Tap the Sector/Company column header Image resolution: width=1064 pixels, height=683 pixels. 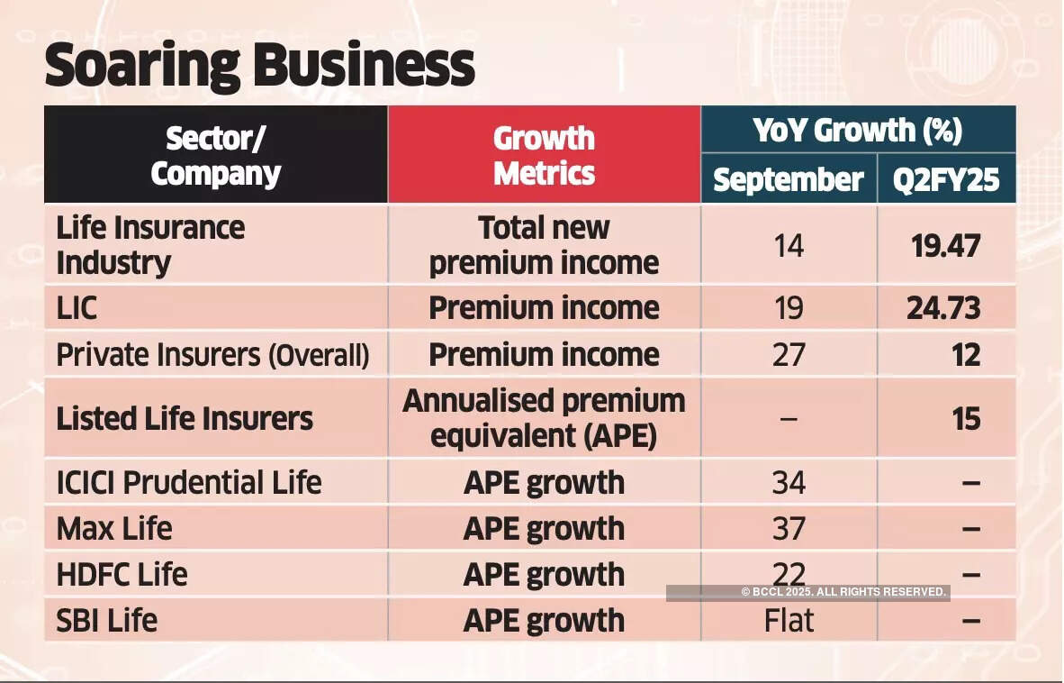tap(216, 155)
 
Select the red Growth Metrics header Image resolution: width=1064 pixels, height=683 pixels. tap(544, 155)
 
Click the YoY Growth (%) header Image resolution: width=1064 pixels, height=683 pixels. tap(857, 131)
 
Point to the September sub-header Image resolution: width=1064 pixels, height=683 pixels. tap(789, 179)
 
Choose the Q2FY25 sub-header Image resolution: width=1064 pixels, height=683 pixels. tap(946, 179)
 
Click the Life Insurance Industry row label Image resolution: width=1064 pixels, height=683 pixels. tap(150, 245)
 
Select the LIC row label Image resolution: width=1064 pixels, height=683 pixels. tap(77, 308)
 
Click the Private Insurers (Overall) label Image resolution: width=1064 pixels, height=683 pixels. tap(212, 355)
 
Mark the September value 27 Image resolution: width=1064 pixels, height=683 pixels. tap(789, 355)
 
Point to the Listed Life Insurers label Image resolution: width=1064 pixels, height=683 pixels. tap(185, 418)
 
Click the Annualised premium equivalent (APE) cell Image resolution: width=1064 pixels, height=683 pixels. tap(544, 418)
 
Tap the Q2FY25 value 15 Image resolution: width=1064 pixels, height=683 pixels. tap(966, 418)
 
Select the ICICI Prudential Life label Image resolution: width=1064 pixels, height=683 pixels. tap(189, 482)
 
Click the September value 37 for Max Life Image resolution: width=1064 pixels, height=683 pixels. tap(789, 528)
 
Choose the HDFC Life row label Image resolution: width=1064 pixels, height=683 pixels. tap(122, 574)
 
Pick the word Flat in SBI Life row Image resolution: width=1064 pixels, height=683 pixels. tap(789, 620)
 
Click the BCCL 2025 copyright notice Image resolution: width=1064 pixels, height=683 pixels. tap(843, 592)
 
